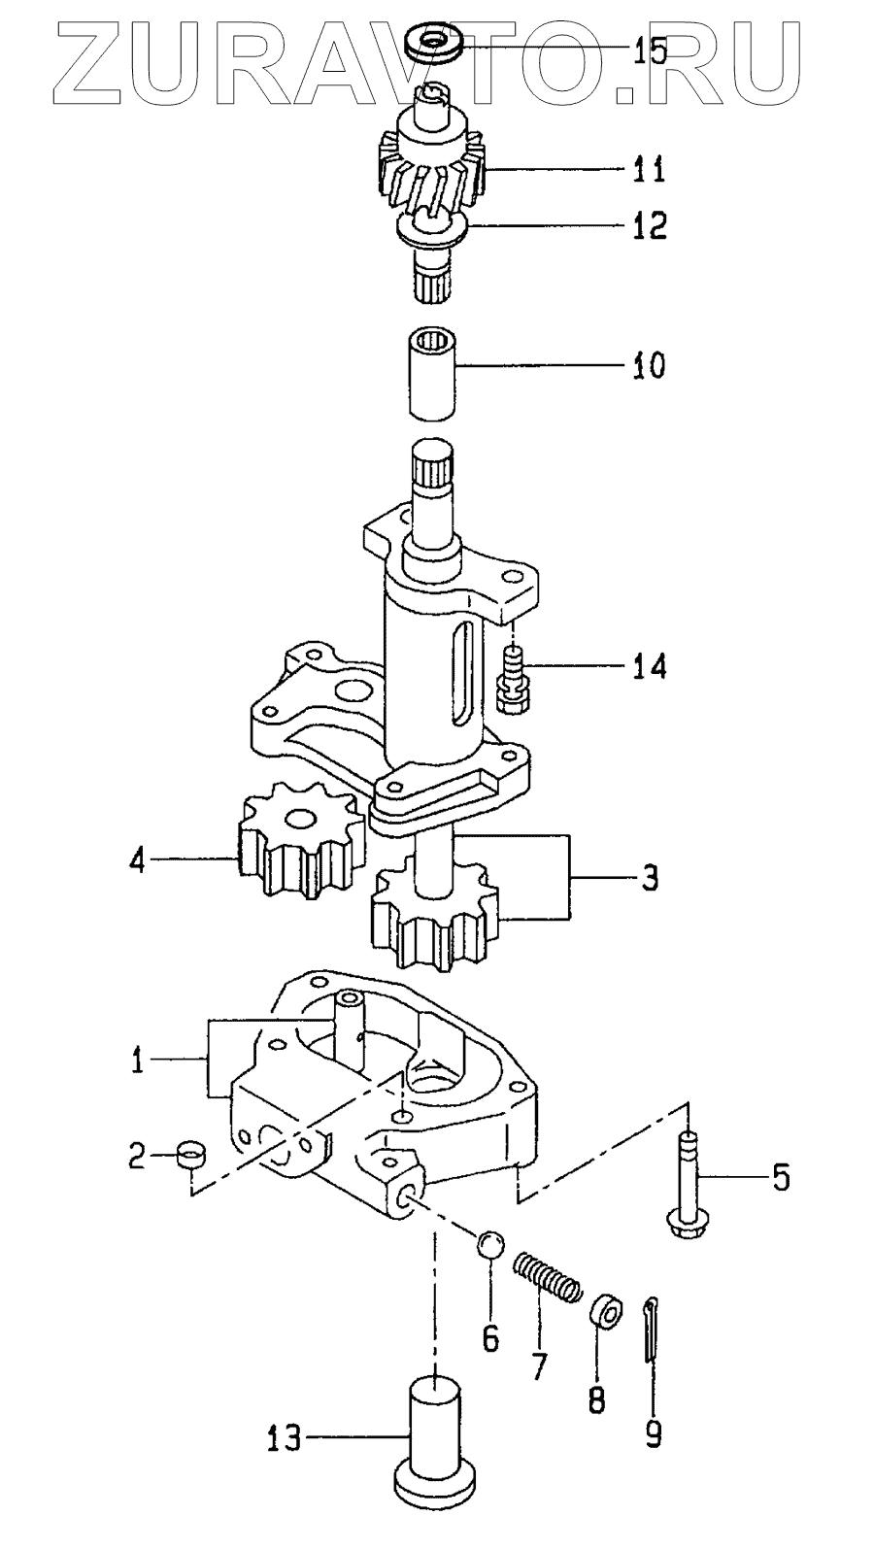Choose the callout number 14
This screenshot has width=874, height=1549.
647,667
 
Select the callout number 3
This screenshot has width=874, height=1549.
649,878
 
